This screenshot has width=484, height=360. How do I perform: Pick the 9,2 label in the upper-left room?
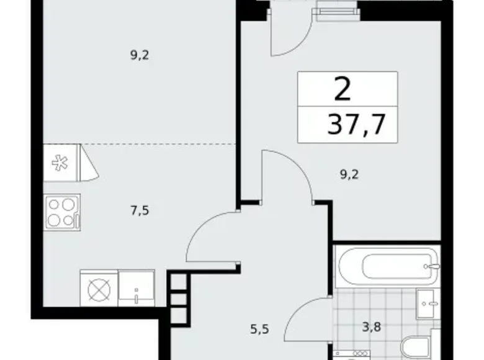click(x=141, y=55)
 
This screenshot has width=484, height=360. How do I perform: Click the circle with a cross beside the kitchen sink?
click(x=97, y=289)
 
